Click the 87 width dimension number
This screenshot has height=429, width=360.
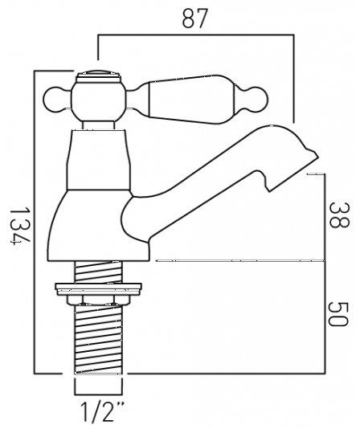pos(190,18)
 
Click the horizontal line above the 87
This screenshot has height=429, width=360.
pos(193,35)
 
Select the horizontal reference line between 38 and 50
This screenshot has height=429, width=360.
pos(241,260)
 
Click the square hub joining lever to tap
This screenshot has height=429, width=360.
pos(101,100)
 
